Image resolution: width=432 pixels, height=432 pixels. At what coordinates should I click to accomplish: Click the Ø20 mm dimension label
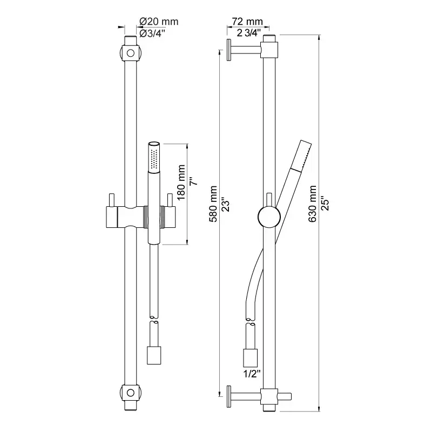(159, 22)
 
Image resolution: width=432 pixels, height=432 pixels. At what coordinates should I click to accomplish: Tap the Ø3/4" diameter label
(152, 33)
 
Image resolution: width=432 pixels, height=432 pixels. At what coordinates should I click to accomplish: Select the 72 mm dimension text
(247, 22)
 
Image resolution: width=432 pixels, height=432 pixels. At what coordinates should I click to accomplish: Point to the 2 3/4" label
(248, 33)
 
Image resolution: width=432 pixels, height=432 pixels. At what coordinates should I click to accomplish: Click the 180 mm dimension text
(181, 183)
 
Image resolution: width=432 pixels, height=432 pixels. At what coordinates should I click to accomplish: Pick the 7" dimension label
(194, 182)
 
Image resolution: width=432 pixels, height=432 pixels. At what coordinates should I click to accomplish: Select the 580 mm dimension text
(213, 204)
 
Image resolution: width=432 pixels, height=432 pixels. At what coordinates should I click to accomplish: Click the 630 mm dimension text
(312, 204)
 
